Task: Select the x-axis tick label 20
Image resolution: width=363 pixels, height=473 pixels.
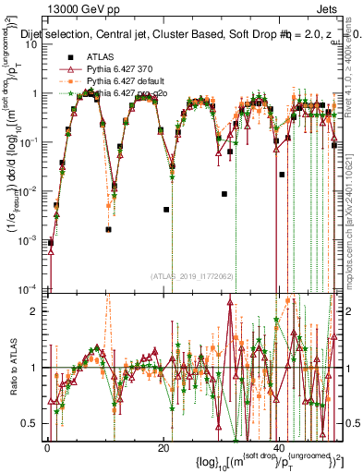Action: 163,448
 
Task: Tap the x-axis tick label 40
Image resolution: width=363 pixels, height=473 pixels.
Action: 280,448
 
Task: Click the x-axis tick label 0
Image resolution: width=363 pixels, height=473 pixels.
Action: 47,448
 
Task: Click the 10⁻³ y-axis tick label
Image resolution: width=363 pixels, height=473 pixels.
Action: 30,240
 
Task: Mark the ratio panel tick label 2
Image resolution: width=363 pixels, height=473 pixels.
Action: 35,311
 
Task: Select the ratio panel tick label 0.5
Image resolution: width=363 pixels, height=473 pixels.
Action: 31,423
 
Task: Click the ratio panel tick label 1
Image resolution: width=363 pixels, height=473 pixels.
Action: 35,368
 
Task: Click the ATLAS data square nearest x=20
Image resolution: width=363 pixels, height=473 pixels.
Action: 166,210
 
